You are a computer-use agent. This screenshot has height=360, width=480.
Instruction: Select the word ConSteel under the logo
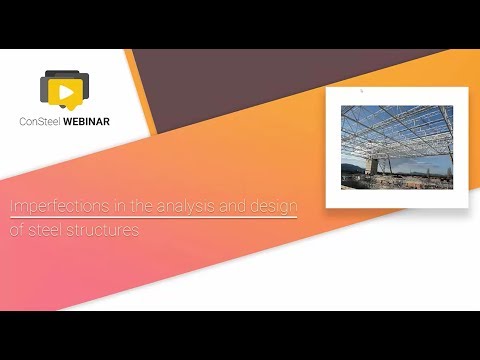pyautogui.click(x=46, y=123)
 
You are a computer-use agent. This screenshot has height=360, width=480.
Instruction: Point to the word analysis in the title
pyautogui.click(x=176, y=207)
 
